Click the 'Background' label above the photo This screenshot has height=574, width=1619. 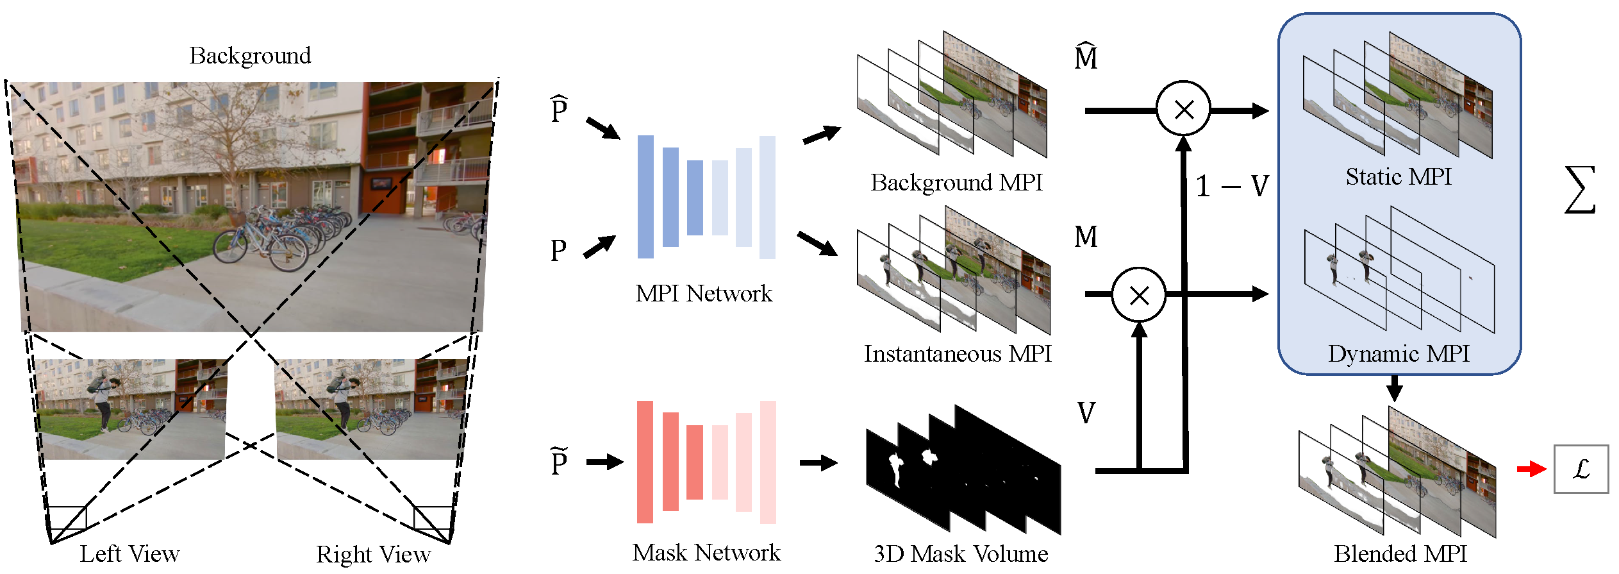(250, 56)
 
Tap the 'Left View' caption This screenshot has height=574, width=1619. (129, 553)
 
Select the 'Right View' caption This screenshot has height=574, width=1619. (373, 554)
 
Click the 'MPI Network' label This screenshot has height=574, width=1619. (704, 293)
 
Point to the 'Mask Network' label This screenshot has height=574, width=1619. (706, 552)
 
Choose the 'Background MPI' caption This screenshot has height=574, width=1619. (956, 183)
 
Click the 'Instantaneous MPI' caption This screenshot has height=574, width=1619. (958, 353)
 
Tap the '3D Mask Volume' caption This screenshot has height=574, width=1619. (961, 553)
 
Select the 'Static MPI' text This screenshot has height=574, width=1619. (1399, 176)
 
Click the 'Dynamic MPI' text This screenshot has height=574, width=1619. (1399, 353)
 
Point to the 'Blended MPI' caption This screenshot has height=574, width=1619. (1400, 553)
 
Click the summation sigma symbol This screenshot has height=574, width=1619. (1580, 190)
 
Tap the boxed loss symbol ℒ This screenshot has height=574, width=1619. (1581, 469)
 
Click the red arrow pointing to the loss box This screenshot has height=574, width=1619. (1531, 469)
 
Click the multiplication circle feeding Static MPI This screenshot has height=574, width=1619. (1183, 109)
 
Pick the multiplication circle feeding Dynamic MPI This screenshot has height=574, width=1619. (1139, 295)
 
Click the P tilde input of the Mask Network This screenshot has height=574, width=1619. (559, 460)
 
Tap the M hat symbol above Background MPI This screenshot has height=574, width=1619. (1086, 56)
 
